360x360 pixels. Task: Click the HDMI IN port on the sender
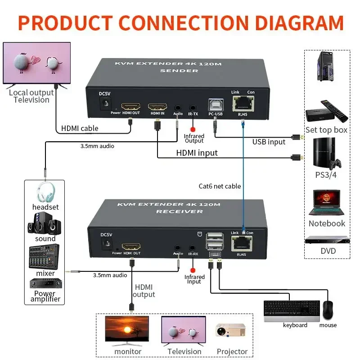(158, 107)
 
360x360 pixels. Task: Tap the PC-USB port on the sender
(215, 105)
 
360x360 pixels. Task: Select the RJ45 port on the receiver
(243, 243)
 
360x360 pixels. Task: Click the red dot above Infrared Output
(194, 129)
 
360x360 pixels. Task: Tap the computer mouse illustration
(328, 310)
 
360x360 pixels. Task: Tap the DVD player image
(327, 239)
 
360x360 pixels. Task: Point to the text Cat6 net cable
(220, 186)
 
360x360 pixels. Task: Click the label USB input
(269, 142)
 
